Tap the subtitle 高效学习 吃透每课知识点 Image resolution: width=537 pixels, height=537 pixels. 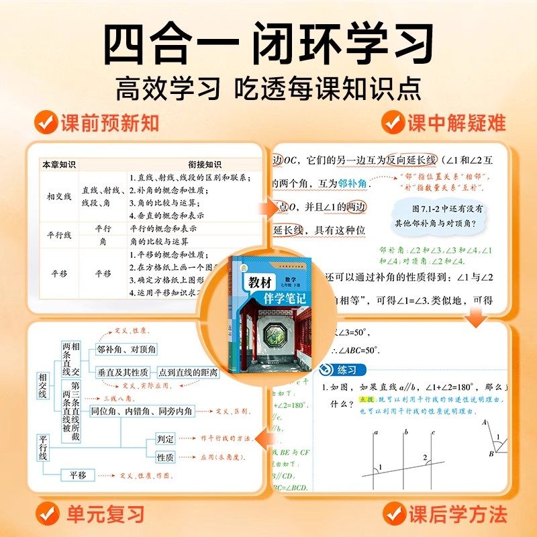tap(268, 87)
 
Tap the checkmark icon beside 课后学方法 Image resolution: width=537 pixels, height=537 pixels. tap(394, 514)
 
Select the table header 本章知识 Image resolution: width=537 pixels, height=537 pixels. tap(59, 164)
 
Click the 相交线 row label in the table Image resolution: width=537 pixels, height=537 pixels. tap(59, 197)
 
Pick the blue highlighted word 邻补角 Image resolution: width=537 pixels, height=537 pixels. tap(352, 183)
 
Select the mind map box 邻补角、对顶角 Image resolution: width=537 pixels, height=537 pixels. tap(126, 349)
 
